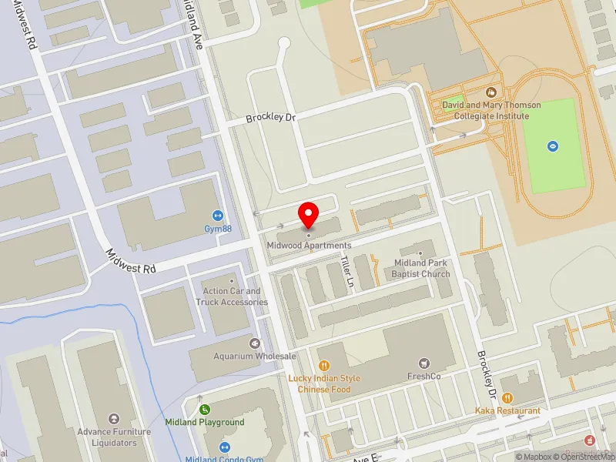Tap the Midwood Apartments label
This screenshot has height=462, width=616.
tap(309, 246)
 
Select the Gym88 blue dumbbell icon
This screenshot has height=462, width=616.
tap(218, 216)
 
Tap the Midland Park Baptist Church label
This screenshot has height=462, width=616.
tap(420, 268)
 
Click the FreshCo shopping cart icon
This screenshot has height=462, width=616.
tap(423, 363)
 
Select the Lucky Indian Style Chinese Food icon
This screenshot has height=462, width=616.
tap(324, 366)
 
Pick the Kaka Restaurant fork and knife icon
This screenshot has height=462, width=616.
tap(507, 398)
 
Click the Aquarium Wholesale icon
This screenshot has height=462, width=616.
tap(255, 343)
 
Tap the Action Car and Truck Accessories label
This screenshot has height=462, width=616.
tap(232, 296)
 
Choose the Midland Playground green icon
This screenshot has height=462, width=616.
tap(205, 410)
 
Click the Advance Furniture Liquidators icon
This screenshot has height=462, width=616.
tap(115, 419)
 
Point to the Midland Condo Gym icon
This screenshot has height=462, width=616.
tap(225, 447)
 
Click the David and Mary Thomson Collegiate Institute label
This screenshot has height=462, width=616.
tap(491, 110)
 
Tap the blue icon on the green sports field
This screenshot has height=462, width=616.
tap(552, 146)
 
